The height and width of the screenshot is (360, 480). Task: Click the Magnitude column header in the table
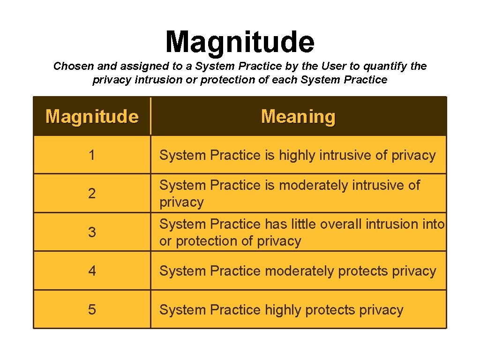pyautogui.click(x=92, y=116)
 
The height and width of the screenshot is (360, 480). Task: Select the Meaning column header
pyautogui.click(x=298, y=116)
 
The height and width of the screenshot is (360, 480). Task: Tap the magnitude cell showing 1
pyautogui.click(x=92, y=155)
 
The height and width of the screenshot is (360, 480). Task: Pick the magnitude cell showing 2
pyautogui.click(x=92, y=194)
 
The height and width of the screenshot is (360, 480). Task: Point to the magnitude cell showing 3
pyautogui.click(x=92, y=232)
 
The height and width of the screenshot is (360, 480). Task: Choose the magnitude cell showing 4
pyautogui.click(x=92, y=271)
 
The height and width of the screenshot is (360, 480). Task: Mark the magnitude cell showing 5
pyautogui.click(x=92, y=310)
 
